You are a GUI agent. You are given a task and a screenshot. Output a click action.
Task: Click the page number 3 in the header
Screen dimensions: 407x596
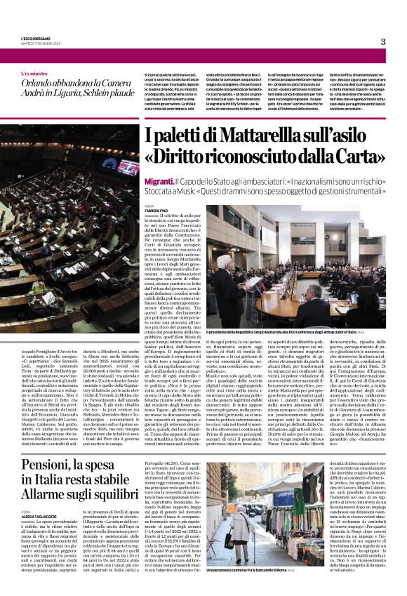(x=382, y=41)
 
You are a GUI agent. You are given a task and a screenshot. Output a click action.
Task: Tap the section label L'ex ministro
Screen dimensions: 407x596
(x=35, y=73)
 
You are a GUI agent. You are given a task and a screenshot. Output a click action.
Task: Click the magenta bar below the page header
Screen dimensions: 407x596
(x=203, y=56)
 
